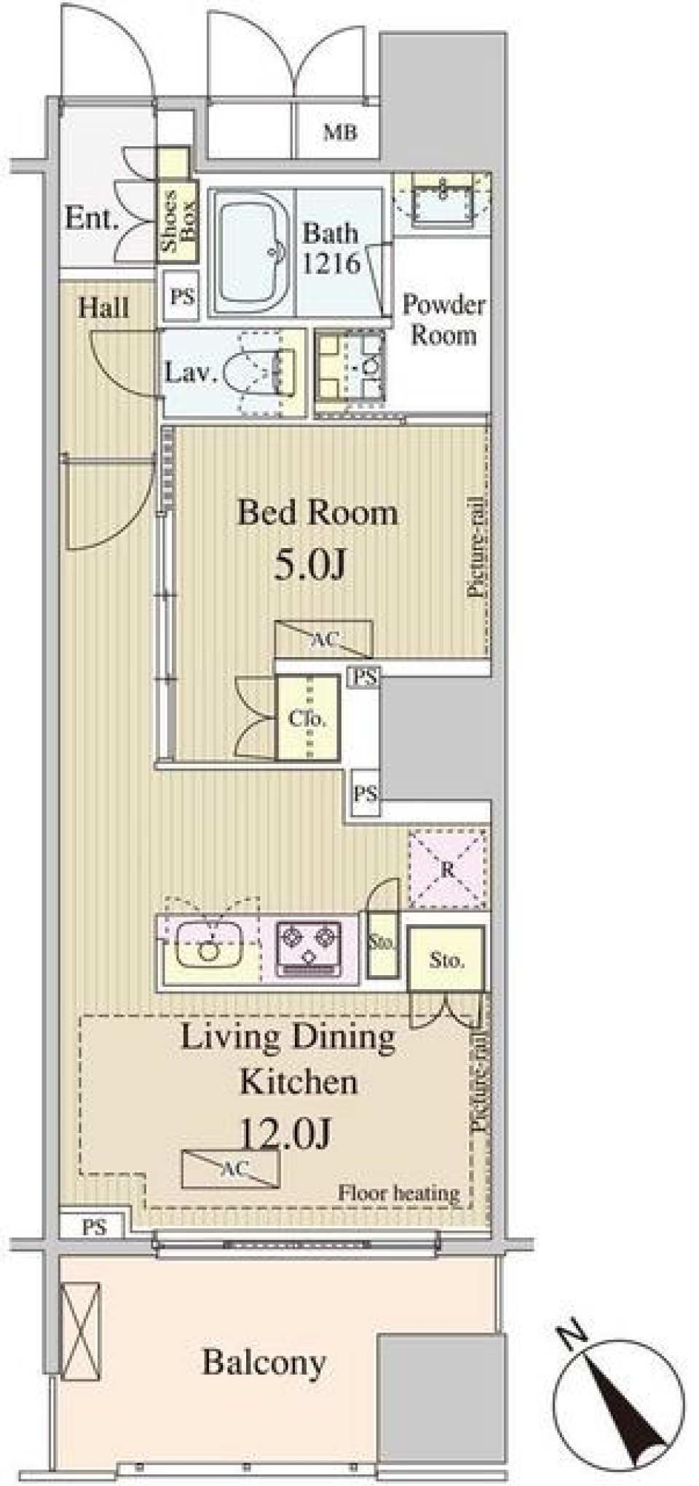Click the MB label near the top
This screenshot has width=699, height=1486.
[340, 133]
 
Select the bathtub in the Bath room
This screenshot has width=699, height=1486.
[251, 251]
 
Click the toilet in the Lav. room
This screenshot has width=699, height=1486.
[258, 372]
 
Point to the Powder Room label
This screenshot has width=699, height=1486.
[443, 319]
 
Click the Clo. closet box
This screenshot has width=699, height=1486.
[307, 718]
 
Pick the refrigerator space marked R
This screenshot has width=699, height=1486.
[447, 868]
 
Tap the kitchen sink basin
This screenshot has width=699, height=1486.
[209, 946]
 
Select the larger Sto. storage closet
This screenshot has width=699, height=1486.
[446, 959]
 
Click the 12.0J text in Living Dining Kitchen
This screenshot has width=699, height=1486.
[286, 1132]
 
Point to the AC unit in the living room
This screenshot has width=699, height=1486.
[231, 1169]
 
